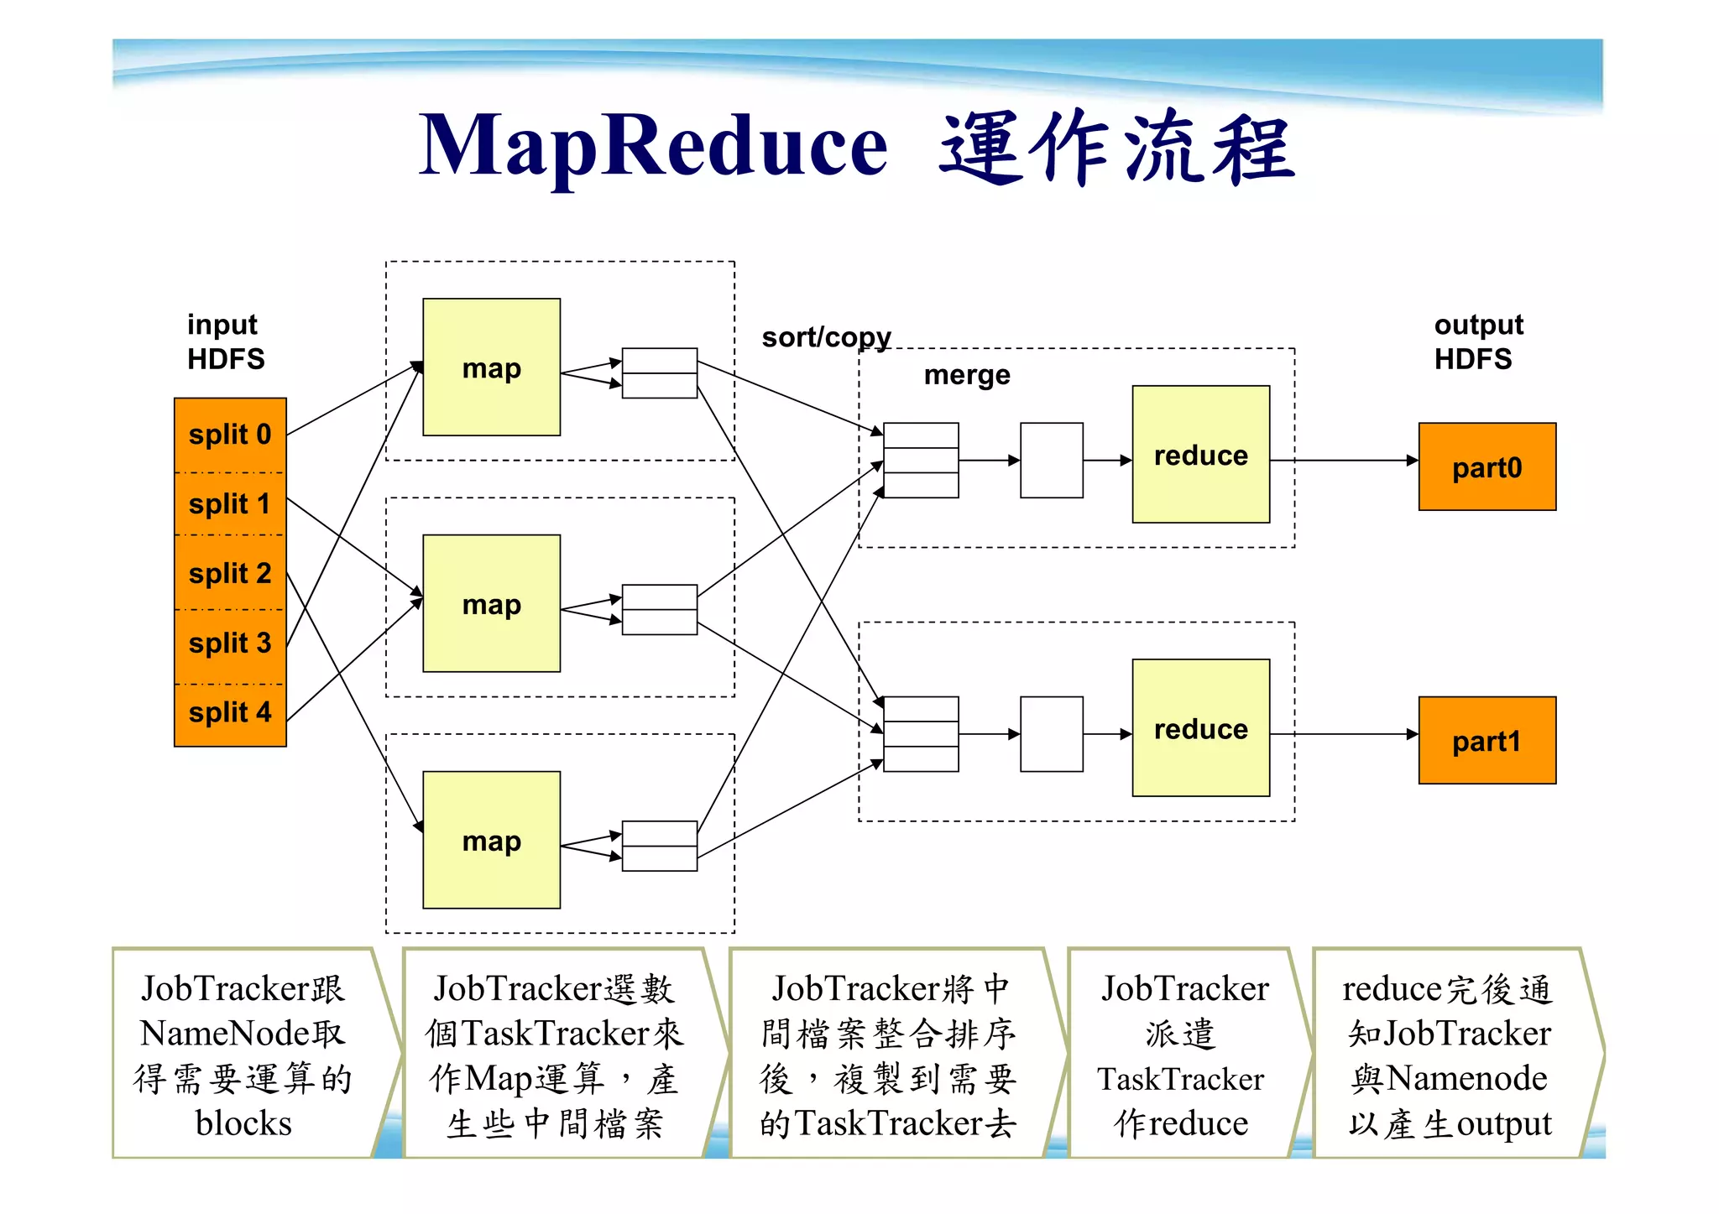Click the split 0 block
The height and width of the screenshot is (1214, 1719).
point(230,435)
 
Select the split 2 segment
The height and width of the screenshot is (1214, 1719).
point(230,573)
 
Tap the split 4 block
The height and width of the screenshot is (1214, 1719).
point(230,713)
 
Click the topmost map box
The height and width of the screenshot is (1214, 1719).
point(491,367)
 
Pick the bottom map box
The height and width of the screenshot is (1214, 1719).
point(491,840)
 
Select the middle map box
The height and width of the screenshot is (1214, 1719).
point(491,603)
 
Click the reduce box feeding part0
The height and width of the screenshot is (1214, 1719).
point(1200,454)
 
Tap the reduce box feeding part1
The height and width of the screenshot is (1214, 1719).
point(1200,727)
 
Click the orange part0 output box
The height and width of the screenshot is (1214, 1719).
point(1486,466)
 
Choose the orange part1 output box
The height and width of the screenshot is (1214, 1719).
point(1486,740)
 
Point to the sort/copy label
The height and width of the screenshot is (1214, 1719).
point(826,337)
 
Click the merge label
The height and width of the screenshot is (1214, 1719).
point(967,375)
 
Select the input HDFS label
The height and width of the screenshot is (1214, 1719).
point(225,341)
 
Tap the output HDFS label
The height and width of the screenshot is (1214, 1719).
point(1477,341)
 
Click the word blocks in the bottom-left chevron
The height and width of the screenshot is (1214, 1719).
point(243,1123)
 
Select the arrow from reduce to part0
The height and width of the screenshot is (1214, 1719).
point(1343,461)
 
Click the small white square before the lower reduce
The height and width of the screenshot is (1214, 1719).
point(1051,734)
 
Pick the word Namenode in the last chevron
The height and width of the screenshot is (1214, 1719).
point(1466,1078)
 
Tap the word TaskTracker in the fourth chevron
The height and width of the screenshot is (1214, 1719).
point(1180,1079)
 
